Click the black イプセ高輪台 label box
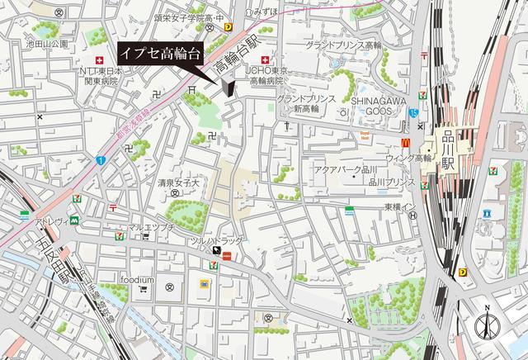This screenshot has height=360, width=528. pyautogui.click(x=160, y=53)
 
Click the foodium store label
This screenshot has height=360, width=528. pyautogui.click(x=135, y=279)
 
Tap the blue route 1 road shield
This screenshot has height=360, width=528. pyautogui.click(x=99, y=159)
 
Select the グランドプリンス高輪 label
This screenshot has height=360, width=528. pyautogui.click(x=342, y=44)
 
